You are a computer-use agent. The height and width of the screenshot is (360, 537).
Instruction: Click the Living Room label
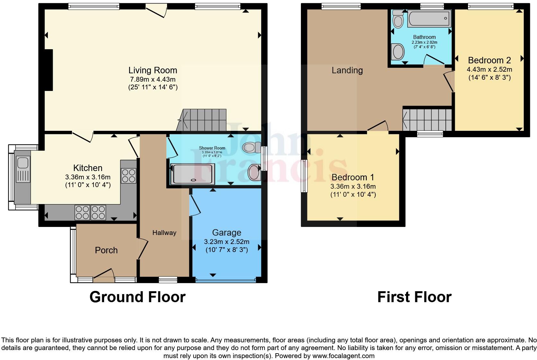[x=153, y=70]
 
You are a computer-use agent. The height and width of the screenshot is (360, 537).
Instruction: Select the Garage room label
[x=226, y=232]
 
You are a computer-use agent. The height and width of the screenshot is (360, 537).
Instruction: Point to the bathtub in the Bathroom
[x=429, y=18]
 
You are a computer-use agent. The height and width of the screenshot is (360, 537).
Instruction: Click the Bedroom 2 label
[x=489, y=60]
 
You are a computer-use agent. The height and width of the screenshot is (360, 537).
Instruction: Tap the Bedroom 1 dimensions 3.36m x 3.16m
[x=353, y=186]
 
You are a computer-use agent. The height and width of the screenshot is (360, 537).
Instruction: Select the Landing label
[x=347, y=70]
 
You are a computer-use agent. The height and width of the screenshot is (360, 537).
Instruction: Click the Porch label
[x=106, y=250]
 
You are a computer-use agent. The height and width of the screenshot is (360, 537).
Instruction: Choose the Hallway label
[x=164, y=233]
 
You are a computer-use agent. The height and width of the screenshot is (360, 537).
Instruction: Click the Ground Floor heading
[x=137, y=297]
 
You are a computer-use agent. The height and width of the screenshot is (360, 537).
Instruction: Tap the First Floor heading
[x=414, y=297]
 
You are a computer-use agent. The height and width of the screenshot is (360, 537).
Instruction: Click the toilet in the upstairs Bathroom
[x=399, y=19]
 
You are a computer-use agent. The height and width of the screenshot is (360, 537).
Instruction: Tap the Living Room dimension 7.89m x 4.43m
[x=153, y=79]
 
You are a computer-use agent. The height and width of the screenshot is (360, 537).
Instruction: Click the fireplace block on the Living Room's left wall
[x=48, y=70]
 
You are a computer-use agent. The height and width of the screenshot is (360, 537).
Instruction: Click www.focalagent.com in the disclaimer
[x=343, y=356]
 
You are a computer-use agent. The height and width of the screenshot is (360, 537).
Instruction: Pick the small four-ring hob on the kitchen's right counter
[x=128, y=175]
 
